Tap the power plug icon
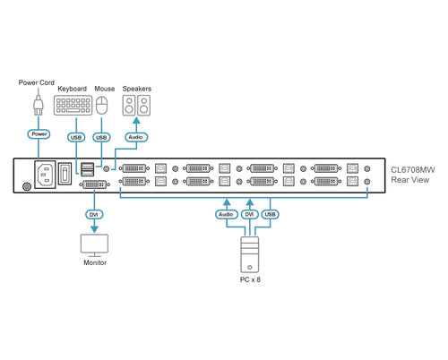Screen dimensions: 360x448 pyautogui.click(x=38, y=107)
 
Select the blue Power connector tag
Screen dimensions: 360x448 pyautogui.click(x=38, y=134)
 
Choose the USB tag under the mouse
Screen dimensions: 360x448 pyautogui.click(x=101, y=137)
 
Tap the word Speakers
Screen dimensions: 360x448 pyautogui.click(x=136, y=89)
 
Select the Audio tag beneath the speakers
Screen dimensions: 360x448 pyautogui.click(x=135, y=137)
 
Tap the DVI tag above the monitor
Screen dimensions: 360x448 pyautogui.click(x=93, y=214)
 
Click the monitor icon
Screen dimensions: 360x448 pyautogui.click(x=94, y=244)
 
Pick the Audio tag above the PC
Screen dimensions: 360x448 pyautogui.click(x=225, y=215)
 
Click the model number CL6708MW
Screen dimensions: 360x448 pyautogui.click(x=413, y=168)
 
